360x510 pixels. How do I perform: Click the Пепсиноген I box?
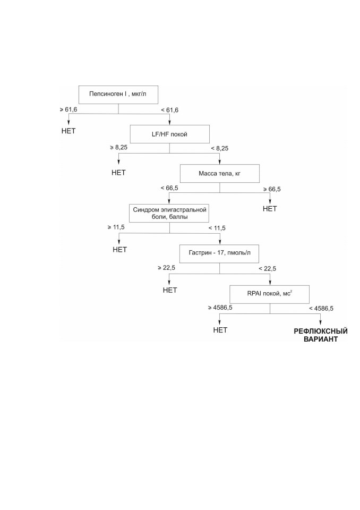click(118, 95)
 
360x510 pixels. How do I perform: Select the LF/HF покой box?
click(169, 134)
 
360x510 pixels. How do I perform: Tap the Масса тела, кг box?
click(220, 173)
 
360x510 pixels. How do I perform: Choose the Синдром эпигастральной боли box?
click(169, 213)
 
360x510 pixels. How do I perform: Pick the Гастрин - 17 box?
click(219, 253)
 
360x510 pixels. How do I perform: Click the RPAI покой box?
click(270, 294)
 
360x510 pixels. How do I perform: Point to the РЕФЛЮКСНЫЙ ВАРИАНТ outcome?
click(321, 335)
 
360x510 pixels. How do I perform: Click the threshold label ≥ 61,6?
click(68, 109)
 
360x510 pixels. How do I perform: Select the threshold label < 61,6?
click(170, 110)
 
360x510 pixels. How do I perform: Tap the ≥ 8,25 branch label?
click(119, 147)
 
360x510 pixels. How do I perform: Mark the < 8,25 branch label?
click(220, 148)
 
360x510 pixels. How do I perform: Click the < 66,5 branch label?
click(169, 188)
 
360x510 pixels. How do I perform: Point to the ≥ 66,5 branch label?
click(272, 189)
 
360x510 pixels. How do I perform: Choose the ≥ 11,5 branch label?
click(116, 227)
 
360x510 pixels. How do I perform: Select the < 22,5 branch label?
click(267, 269)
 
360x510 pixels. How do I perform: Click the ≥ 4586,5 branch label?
click(220, 308)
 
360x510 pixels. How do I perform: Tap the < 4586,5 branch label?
click(321, 308)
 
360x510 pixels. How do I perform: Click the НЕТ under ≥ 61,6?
click(68, 131)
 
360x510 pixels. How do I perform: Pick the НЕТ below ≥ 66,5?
click(270, 209)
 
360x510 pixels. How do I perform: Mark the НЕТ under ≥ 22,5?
click(170, 290)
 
